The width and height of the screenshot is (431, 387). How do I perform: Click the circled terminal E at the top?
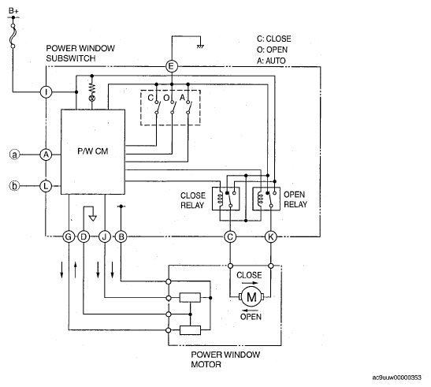click(172, 66)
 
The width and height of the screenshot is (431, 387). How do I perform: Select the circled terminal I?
click(46, 92)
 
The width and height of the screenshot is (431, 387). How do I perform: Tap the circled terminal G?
click(69, 236)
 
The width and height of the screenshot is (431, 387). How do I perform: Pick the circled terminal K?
click(271, 236)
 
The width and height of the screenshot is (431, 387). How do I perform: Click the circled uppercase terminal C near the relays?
click(230, 236)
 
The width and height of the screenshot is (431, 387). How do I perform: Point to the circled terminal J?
click(105, 236)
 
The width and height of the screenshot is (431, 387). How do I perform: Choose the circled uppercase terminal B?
click(121, 236)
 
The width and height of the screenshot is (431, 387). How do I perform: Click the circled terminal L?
click(46, 186)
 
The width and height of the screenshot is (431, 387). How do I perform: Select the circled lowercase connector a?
click(14, 154)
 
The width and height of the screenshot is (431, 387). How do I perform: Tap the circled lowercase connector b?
click(14, 186)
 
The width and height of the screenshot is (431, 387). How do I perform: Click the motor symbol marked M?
click(251, 297)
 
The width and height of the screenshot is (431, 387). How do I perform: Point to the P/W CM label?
click(93, 151)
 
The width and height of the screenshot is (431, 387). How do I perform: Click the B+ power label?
click(13, 11)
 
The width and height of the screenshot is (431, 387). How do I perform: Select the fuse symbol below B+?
click(13, 35)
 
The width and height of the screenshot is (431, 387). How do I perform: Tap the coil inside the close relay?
click(219, 199)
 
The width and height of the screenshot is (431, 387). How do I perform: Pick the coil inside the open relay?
click(260, 199)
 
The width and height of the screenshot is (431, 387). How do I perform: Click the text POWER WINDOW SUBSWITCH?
click(80, 54)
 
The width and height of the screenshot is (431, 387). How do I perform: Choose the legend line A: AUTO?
click(271, 61)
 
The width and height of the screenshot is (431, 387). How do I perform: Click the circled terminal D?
click(84, 236)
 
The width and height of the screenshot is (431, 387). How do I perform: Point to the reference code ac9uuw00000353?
click(396, 378)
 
